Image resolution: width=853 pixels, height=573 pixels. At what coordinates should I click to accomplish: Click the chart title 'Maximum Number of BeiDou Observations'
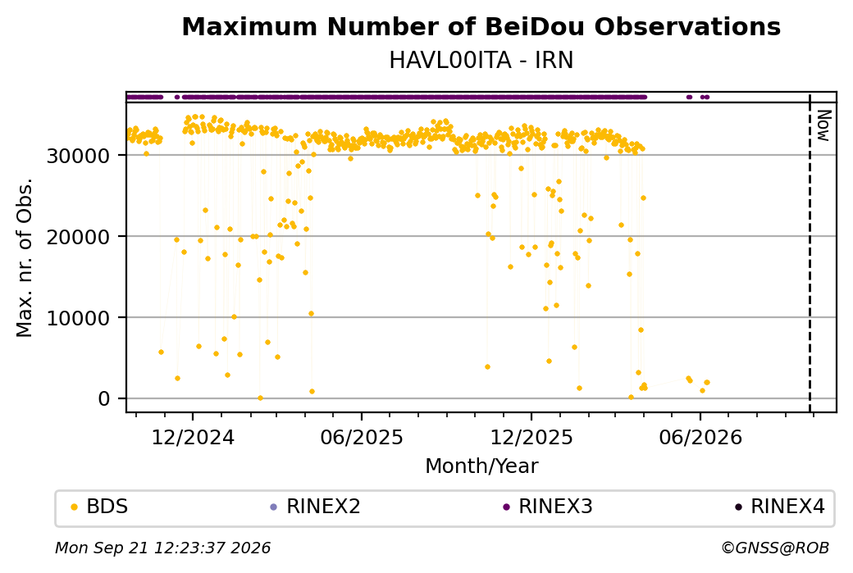481,26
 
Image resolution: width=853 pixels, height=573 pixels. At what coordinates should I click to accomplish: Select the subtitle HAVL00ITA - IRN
481,60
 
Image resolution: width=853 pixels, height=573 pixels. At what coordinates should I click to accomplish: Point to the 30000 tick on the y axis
79,156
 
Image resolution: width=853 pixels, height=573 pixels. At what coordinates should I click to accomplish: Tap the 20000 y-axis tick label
79,237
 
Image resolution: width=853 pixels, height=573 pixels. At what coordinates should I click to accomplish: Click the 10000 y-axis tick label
79,318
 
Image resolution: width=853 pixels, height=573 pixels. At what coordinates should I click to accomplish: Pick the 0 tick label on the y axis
104,399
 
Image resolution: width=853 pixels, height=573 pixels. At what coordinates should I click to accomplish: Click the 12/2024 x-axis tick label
193,437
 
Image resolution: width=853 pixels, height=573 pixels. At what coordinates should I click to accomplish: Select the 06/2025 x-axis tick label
362,437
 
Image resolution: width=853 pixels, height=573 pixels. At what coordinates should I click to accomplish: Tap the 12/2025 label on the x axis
531,437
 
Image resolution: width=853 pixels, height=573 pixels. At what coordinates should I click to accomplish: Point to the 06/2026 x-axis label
700,437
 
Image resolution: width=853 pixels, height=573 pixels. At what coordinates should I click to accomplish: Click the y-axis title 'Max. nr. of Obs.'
25,257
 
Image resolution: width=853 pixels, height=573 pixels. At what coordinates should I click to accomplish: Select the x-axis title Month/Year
481,466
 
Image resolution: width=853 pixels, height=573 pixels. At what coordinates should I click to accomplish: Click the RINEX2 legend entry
316,507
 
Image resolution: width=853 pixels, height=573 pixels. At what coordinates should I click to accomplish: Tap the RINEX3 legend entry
548,507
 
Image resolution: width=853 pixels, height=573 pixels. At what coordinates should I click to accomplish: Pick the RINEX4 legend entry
780,507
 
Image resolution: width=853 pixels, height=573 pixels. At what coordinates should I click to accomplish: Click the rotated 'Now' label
823,125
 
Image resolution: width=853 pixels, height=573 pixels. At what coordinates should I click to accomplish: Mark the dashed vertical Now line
810,252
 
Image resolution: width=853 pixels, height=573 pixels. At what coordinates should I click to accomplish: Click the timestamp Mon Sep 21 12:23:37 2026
162,548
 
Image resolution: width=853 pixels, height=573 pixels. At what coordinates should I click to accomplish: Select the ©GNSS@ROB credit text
775,548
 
